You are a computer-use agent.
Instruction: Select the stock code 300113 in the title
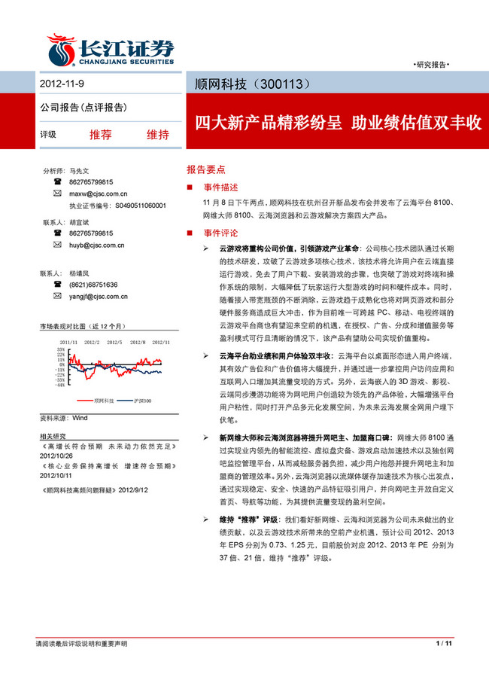tap(284, 82)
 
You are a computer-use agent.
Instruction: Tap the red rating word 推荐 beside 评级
tap(100, 135)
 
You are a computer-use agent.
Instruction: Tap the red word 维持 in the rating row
tap(157, 135)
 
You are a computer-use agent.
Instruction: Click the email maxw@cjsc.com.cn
tap(98, 194)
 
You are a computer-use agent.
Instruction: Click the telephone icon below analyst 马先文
tap(57, 182)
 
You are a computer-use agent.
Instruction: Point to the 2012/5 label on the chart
tap(114, 341)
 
